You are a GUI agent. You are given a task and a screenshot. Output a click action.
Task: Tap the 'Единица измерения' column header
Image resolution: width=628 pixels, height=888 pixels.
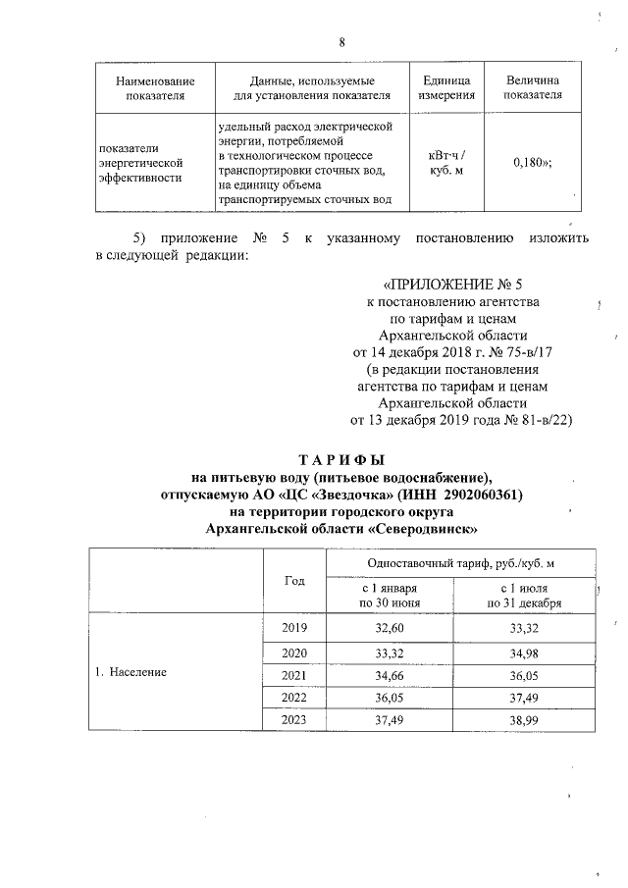tap(446, 87)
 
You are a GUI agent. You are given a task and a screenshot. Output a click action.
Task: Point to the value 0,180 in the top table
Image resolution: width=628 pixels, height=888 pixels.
tap(531, 164)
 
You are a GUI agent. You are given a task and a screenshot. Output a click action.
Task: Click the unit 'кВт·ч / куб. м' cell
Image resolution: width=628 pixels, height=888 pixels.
tap(446, 164)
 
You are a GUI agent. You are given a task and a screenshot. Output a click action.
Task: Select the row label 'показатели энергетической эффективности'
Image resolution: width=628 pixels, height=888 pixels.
tap(142, 164)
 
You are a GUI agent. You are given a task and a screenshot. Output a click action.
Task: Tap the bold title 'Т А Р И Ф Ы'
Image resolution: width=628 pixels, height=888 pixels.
tap(341, 459)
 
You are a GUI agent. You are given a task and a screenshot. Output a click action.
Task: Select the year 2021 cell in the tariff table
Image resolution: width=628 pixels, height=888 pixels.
tap(294, 676)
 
